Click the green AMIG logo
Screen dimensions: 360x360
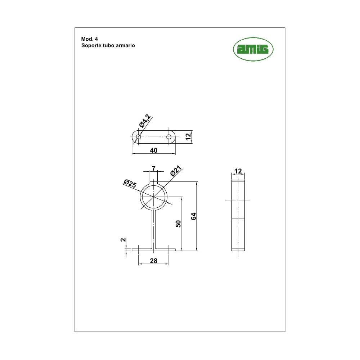(253, 49)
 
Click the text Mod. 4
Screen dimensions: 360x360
(89, 39)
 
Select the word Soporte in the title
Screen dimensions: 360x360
(90, 45)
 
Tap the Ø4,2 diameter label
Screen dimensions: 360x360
(145, 121)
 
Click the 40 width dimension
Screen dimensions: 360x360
(154, 150)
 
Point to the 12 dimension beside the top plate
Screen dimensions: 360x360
(188, 136)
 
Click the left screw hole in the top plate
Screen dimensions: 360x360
(139, 137)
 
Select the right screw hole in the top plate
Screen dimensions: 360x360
(169, 137)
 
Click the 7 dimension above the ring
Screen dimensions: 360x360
(154, 168)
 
